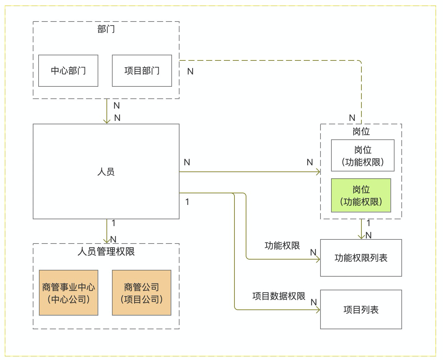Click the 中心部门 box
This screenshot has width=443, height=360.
point(68,71)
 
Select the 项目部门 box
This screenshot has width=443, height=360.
point(142,71)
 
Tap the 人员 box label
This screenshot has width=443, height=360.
point(106,171)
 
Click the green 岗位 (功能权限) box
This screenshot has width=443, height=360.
point(361,195)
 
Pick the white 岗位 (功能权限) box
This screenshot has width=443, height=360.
point(362,155)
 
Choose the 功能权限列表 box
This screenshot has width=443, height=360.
point(361,258)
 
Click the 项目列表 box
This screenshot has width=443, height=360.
point(361,310)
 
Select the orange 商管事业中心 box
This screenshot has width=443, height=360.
point(69,293)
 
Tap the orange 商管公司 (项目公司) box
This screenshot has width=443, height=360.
point(142,293)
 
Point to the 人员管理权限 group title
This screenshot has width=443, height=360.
point(106,252)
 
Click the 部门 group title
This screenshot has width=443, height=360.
point(106,29)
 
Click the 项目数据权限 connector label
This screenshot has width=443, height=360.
point(279,296)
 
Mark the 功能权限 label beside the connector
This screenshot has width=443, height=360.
point(282,246)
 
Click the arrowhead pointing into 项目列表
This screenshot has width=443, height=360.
point(318,310)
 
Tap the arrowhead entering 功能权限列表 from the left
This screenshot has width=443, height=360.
point(318,259)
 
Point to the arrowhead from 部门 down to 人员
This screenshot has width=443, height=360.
point(107,121)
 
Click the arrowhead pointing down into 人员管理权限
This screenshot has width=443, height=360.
point(107,240)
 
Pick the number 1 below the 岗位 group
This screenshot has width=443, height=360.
point(369,223)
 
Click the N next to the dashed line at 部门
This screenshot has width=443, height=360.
point(190,71)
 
